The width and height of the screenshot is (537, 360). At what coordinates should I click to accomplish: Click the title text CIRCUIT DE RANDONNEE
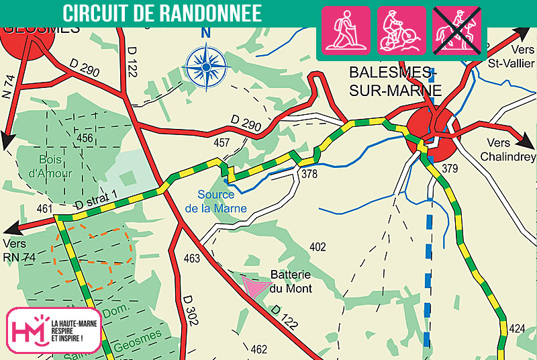click(x=162, y=13)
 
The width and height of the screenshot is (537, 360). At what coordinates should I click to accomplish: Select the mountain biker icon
click(x=401, y=31)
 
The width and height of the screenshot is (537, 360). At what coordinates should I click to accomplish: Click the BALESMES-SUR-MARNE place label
click(x=395, y=81)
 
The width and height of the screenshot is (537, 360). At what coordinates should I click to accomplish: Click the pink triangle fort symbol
click(x=254, y=287)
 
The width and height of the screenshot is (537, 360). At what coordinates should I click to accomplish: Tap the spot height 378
click(x=309, y=174)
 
